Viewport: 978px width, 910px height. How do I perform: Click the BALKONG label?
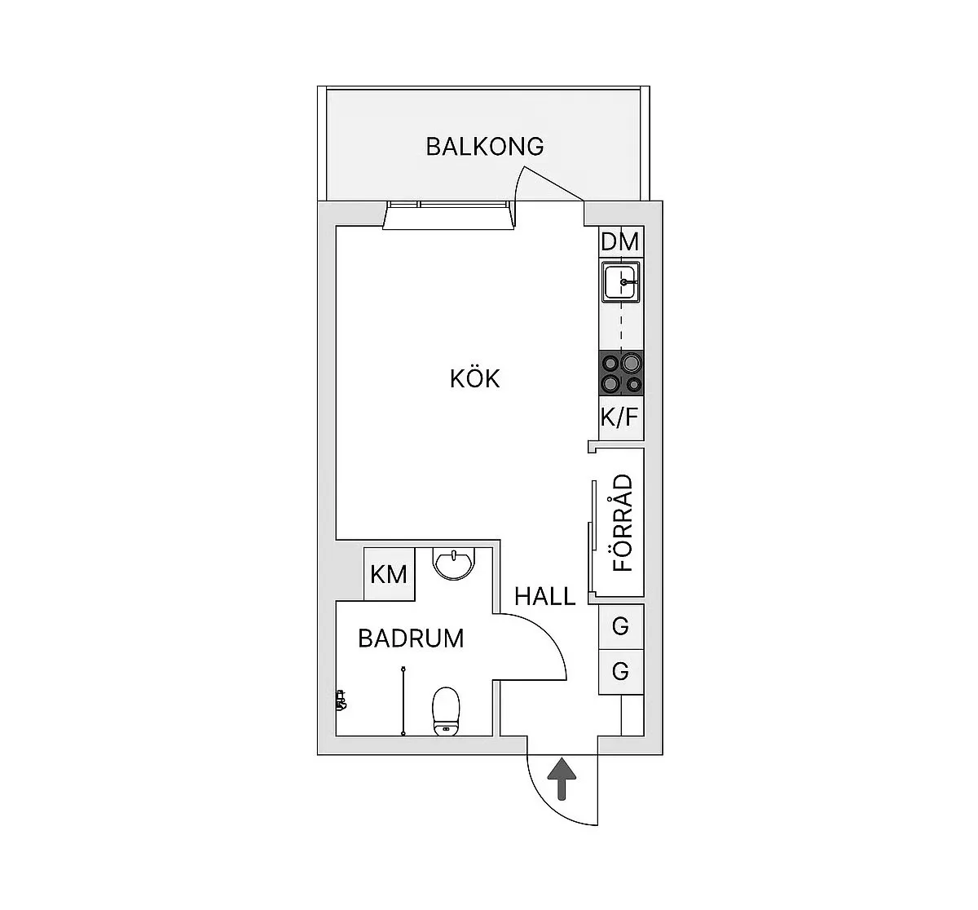[485, 147]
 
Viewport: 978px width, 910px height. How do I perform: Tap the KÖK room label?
[475, 379]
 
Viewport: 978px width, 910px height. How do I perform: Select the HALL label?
[544, 597]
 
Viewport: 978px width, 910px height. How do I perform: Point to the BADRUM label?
[411, 638]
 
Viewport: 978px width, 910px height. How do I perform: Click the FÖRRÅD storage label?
[623, 523]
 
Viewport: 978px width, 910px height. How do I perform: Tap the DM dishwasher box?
[620, 242]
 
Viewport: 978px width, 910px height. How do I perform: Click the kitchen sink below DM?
[621, 282]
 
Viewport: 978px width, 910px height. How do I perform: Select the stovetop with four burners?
[621, 373]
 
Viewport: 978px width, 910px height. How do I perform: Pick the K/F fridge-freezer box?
[620, 417]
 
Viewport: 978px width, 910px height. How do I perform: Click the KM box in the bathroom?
[389, 574]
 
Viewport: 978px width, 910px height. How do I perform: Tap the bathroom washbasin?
[453, 563]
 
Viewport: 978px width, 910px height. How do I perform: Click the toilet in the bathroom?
[446, 710]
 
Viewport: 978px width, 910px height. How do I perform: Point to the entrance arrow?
[561, 779]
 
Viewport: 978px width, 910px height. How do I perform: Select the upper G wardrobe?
[621, 626]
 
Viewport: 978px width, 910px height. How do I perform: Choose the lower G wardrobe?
[621, 672]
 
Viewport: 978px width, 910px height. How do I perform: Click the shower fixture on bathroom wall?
[340, 700]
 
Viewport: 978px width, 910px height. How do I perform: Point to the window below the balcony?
[448, 214]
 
